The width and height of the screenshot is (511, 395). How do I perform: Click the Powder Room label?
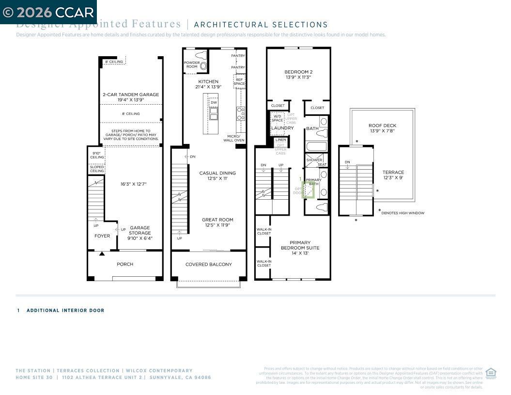192,64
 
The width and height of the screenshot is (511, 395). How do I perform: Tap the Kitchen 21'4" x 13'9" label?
208,84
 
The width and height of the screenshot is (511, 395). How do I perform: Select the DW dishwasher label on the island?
214,103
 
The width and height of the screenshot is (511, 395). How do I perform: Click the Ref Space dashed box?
239,81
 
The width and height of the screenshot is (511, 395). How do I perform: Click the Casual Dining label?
217,175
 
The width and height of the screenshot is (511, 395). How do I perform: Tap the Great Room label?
217,222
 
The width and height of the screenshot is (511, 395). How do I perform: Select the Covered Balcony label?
208,265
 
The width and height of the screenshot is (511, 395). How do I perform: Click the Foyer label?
102,236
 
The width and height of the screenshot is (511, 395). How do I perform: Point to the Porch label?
124,265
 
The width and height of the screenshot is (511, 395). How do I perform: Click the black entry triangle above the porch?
102,253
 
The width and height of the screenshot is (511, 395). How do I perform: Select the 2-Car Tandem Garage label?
131,97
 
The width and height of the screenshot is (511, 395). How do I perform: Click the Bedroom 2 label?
298,74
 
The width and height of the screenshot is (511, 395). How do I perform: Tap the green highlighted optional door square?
308,190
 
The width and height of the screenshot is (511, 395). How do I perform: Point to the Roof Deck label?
382,128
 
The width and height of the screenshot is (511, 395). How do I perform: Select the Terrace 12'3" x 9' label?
393,175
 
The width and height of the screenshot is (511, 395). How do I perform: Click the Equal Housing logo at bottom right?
490,373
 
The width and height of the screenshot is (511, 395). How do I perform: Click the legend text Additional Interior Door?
65,311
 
